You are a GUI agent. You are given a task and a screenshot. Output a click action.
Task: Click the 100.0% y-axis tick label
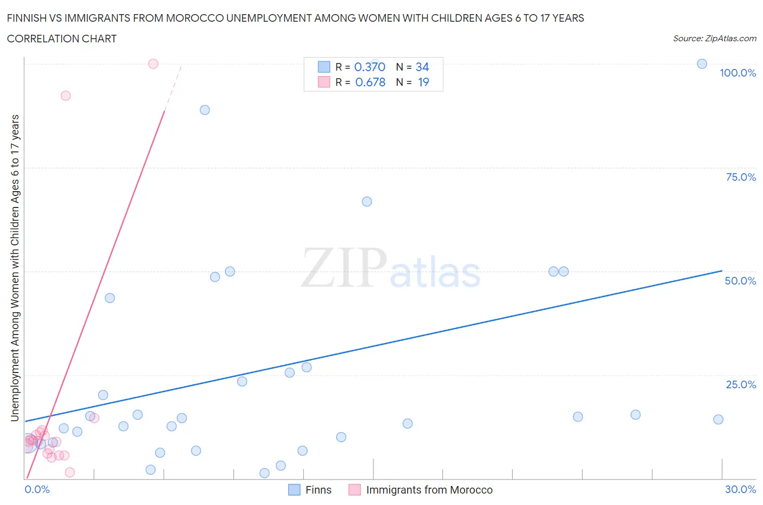tap(737, 73)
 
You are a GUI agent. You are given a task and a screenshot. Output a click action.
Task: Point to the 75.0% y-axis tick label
tap(741, 177)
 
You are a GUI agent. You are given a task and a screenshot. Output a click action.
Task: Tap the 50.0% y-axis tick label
tap(740, 281)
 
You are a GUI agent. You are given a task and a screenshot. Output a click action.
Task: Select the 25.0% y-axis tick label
tap(741, 384)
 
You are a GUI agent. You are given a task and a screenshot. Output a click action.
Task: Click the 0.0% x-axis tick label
tap(37, 489)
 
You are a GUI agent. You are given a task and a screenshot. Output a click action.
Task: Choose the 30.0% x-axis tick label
tap(740, 489)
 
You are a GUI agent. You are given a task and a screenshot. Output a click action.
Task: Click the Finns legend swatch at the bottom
tap(294, 490)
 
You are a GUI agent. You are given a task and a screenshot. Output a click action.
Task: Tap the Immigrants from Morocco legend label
tap(429, 490)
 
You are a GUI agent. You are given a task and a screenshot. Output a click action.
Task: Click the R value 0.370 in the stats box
tap(370, 67)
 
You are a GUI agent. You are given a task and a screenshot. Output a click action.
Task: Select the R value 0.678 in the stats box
tap(370, 82)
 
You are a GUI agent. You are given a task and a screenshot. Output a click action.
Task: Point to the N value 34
tap(422, 67)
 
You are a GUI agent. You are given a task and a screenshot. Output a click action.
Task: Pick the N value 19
tap(423, 82)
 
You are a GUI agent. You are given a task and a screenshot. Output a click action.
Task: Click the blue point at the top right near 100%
tap(702, 64)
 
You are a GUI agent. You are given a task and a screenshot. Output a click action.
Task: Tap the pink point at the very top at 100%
tap(153, 64)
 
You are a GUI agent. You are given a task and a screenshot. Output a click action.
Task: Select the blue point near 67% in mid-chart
tap(367, 201)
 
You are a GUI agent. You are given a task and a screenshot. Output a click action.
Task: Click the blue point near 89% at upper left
tap(205, 110)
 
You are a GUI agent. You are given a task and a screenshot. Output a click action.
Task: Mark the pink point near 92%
tap(66, 96)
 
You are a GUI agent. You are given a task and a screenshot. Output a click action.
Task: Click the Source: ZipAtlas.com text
tap(714, 39)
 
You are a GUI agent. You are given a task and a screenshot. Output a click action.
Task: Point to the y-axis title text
tap(15, 268)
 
